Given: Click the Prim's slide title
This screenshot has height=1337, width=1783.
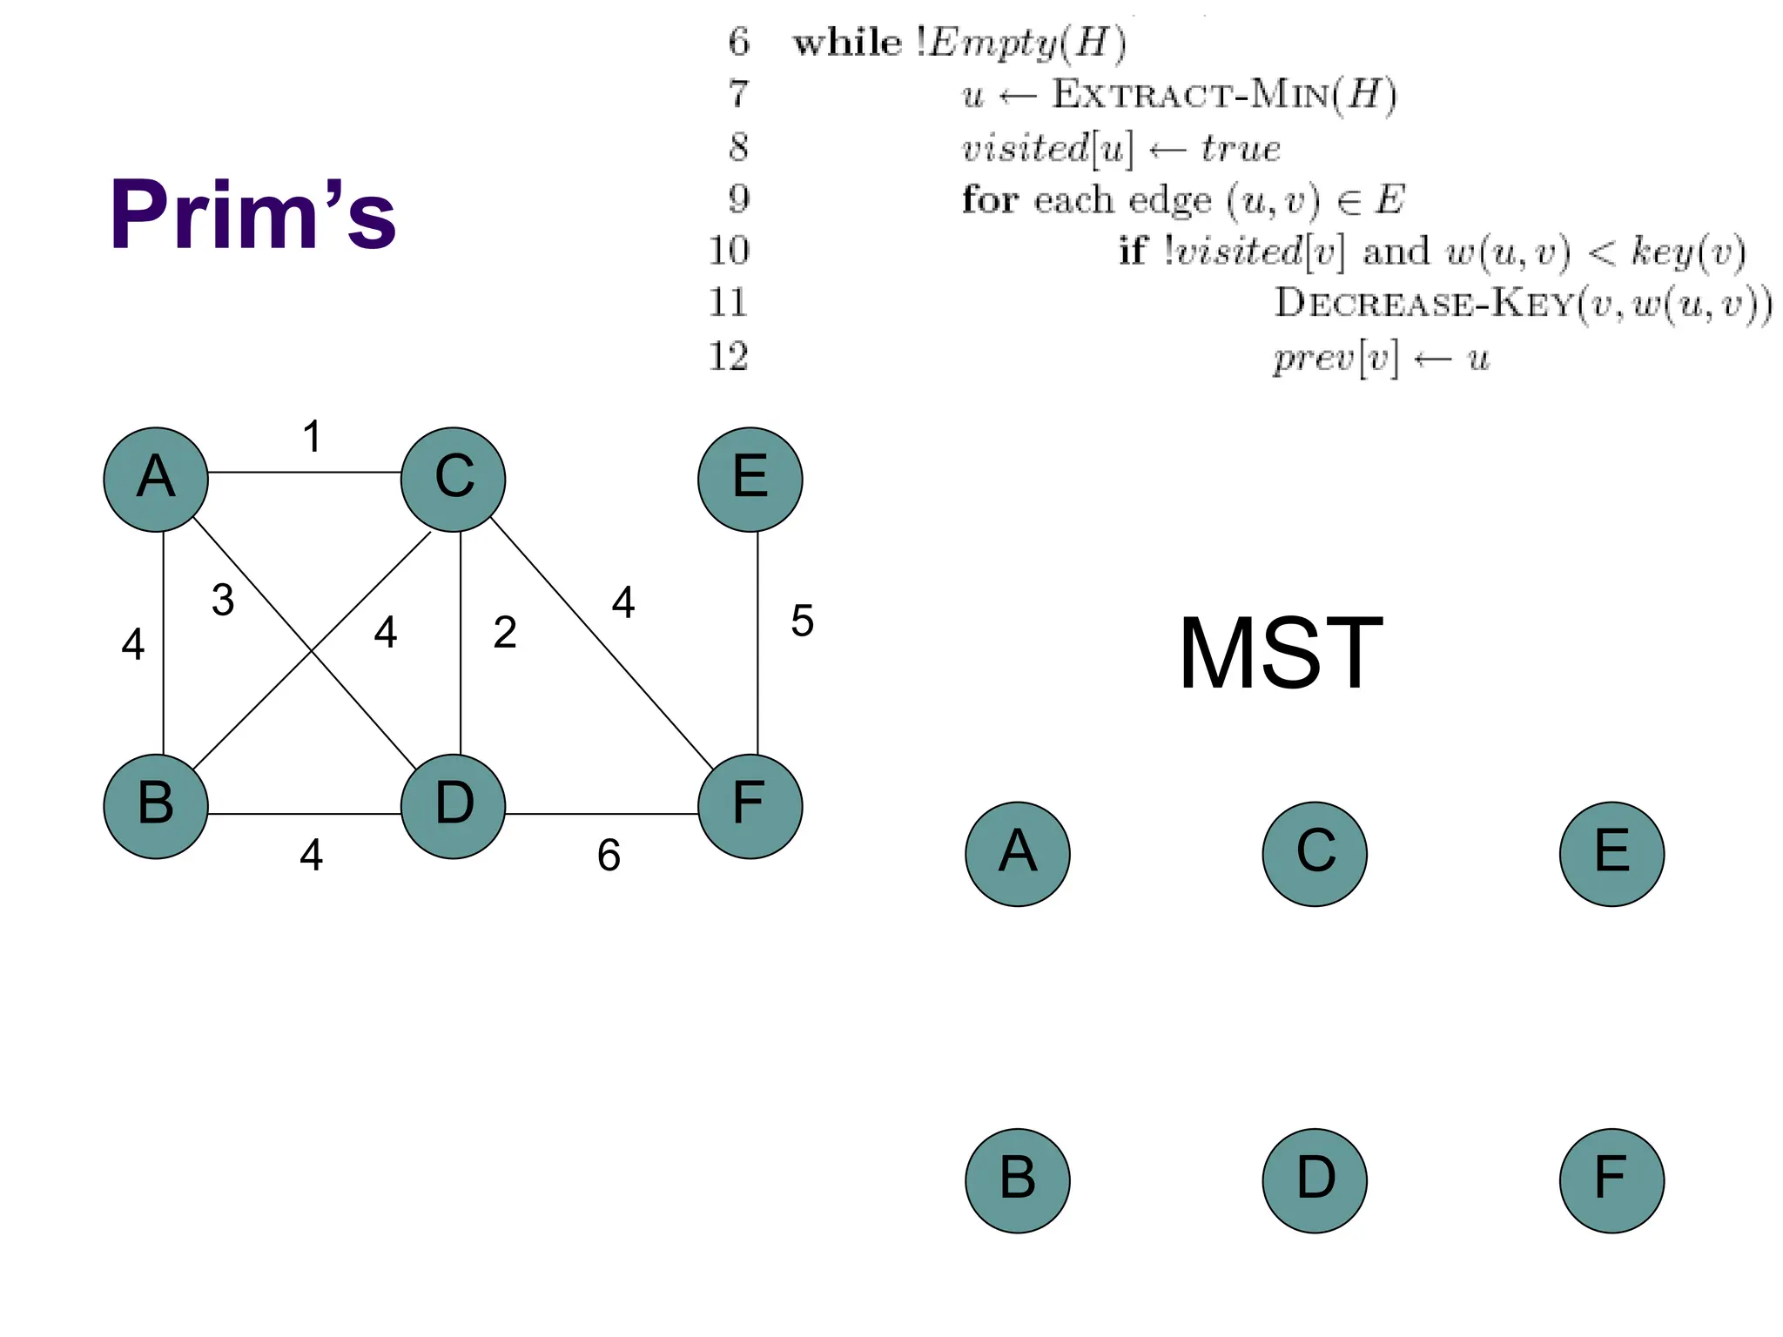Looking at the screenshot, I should (x=252, y=214).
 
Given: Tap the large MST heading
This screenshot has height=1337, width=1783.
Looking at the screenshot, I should (x=1280, y=653).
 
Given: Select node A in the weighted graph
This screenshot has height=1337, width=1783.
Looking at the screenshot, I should (x=156, y=480).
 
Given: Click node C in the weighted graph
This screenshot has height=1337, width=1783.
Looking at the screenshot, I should (x=453, y=480).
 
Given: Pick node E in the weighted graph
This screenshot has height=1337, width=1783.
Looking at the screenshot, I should (x=750, y=480).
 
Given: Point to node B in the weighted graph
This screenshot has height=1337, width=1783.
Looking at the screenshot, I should (x=156, y=806).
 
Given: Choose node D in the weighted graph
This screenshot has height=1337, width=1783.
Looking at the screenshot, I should (x=453, y=806).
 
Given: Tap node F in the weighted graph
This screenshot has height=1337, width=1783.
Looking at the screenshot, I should (x=750, y=806).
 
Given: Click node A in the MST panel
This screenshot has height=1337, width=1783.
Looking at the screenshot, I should (x=1018, y=854).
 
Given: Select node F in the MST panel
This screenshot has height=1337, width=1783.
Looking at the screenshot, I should (x=1611, y=1180).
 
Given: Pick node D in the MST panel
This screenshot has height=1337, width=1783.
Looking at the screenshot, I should (x=1315, y=1180).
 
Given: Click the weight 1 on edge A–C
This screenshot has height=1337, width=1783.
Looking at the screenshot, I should (x=312, y=437).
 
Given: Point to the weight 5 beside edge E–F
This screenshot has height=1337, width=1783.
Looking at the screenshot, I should (x=802, y=621).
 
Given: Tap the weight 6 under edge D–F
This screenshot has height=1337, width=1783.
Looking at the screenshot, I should (x=609, y=856).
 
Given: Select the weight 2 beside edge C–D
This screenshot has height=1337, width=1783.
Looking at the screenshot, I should (x=505, y=633).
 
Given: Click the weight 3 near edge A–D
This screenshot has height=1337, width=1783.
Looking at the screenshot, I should (x=223, y=601).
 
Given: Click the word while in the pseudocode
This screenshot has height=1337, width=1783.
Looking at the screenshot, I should (x=846, y=43).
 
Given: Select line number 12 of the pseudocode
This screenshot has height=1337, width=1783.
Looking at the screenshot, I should (x=728, y=357).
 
